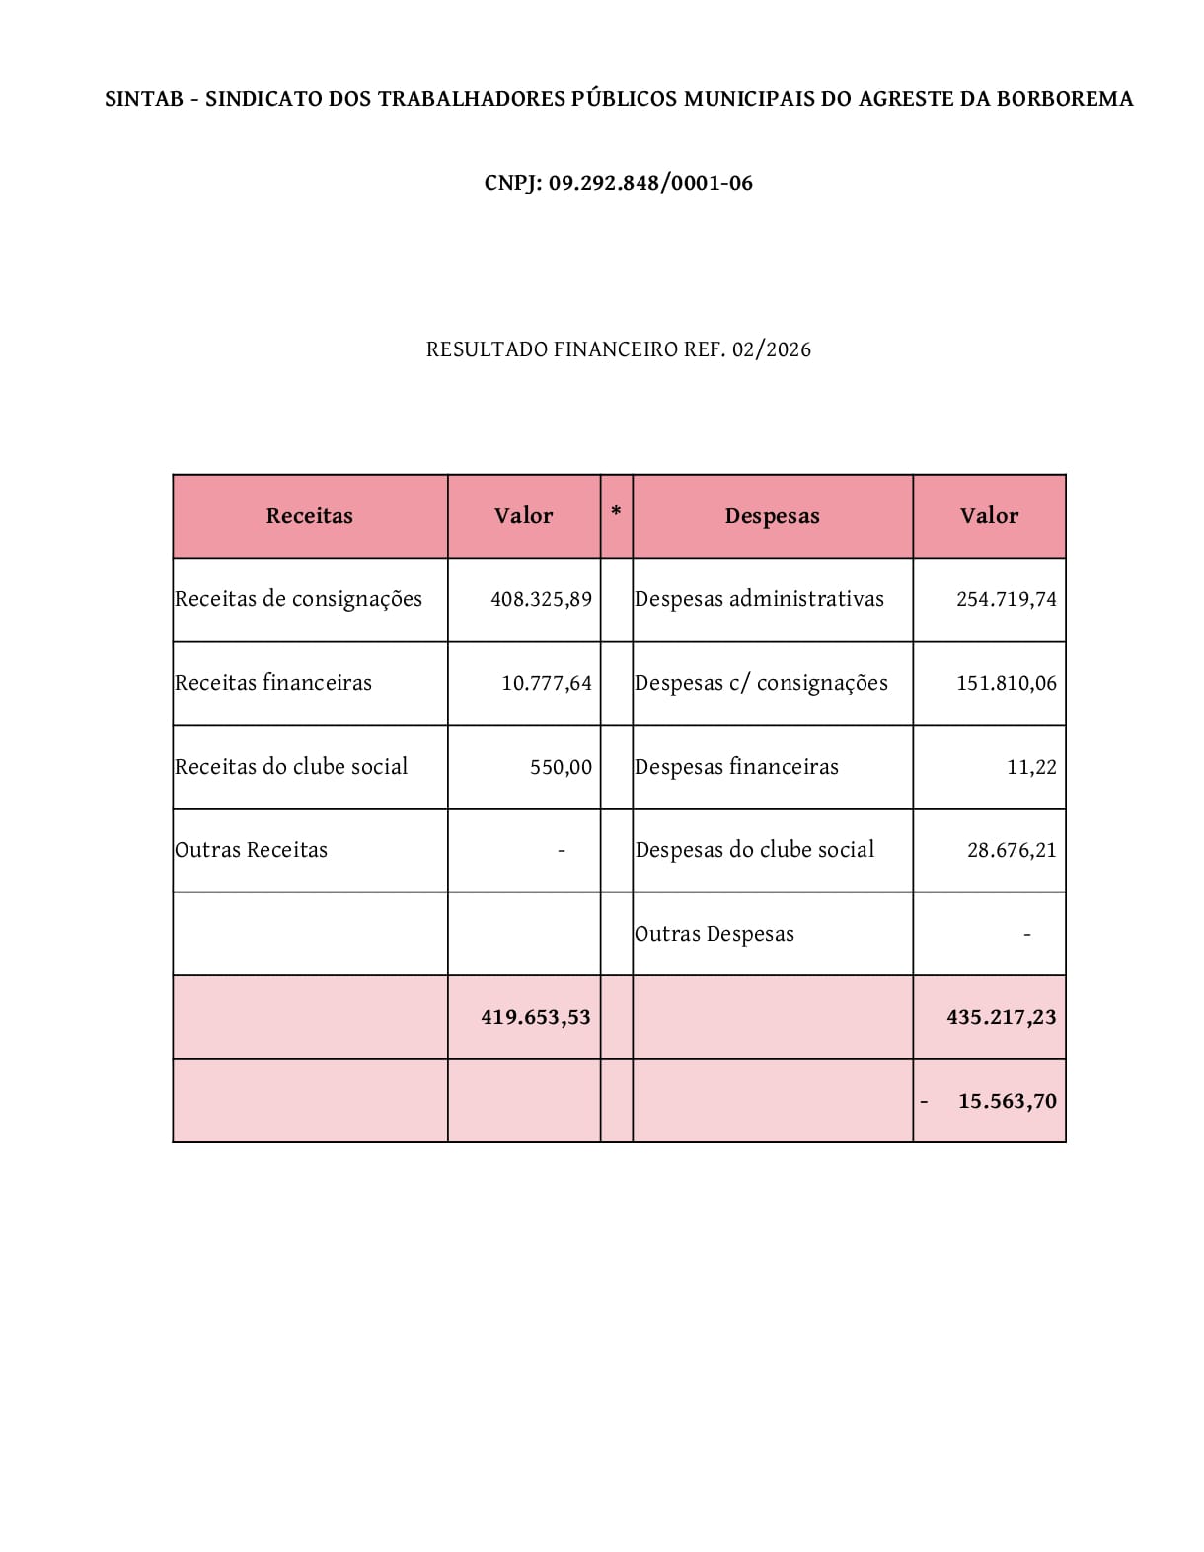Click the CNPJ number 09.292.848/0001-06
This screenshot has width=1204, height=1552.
point(650,183)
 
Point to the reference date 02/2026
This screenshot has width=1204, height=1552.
point(772,349)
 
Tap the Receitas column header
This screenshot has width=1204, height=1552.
point(310,516)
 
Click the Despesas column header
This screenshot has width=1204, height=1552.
point(772,516)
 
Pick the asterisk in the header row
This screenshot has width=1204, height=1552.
point(616,511)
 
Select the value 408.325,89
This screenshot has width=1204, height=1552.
point(541,599)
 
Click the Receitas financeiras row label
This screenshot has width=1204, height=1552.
point(273,683)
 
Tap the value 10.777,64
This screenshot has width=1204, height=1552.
point(547,683)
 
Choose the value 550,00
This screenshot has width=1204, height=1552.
point(561,767)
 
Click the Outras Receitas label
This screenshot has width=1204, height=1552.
point(251,850)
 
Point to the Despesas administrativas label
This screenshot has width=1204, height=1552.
point(759,599)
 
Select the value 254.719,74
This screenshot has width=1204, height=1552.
point(1006,599)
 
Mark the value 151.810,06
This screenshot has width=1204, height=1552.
point(1006,683)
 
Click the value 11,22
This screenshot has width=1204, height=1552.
point(1031,767)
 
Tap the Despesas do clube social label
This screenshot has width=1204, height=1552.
point(755,850)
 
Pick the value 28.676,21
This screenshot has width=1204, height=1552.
point(1012,850)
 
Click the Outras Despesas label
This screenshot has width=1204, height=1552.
point(715,934)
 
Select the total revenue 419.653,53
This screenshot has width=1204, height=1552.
point(536,1017)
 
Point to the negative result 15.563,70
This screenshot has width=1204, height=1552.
point(1007,1101)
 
